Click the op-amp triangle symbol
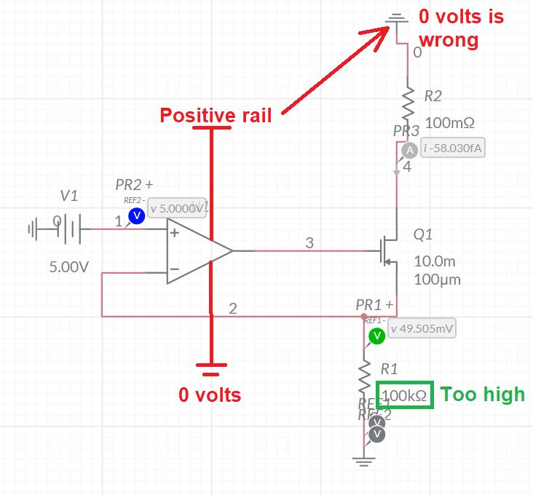click(x=195, y=250)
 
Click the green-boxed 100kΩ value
click(x=404, y=395)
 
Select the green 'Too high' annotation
click(x=483, y=395)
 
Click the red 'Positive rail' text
click(x=216, y=115)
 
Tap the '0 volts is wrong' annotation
click(x=459, y=28)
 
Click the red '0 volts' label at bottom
click(x=210, y=395)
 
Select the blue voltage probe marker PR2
click(x=135, y=215)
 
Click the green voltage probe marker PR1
click(x=376, y=336)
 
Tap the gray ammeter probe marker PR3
click(x=409, y=150)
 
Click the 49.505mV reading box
click(x=422, y=328)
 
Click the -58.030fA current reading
click(x=454, y=148)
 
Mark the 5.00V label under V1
click(x=68, y=267)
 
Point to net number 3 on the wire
click(x=309, y=243)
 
